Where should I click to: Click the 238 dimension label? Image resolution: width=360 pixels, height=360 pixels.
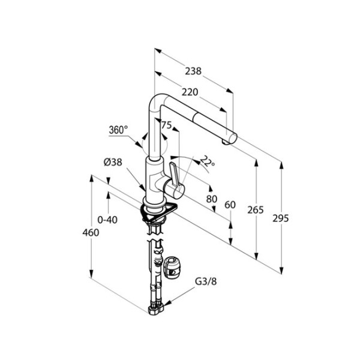[x=193, y=71]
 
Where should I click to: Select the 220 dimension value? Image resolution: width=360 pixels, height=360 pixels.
[x=190, y=92]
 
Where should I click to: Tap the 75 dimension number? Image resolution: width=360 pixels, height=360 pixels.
[x=166, y=125]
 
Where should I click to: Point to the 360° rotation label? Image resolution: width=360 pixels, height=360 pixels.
[x=118, y=130]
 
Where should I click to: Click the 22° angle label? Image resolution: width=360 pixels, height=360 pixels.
[x=208, y=161]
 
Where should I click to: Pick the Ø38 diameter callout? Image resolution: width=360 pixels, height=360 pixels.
[x=113, y=163]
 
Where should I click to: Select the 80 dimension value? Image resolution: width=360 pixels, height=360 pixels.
[x=211, y=199]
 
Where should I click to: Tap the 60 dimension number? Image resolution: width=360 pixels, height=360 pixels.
[x=230, y=205]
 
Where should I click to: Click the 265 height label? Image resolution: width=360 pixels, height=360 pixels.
[x=256, y=210]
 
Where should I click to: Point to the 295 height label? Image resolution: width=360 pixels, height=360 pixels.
[x=281, y=218]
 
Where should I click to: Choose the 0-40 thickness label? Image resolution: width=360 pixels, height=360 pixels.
[x=107, y=220]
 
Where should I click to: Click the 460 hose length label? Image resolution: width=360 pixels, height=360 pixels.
[x=91, y=233]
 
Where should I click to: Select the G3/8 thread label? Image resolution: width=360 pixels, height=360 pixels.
[x=206, y=281]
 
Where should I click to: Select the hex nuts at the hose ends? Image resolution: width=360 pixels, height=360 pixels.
[x=156, y=309]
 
